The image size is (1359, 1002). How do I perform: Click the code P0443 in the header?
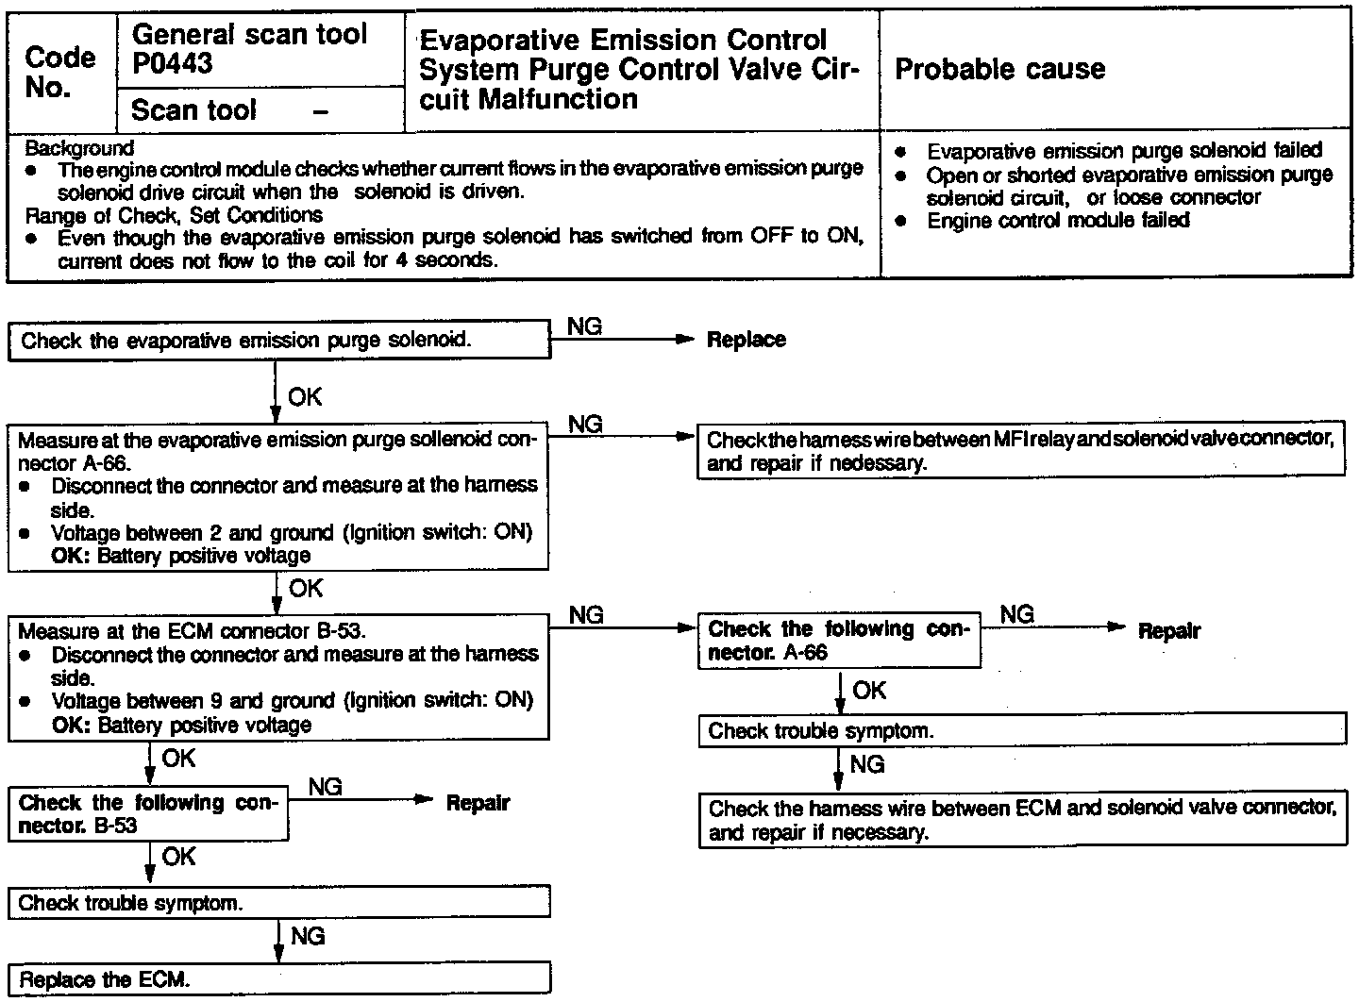click(173, 64)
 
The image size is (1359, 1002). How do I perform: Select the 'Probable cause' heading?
click(999, 69)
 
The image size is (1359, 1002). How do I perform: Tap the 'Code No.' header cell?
click(60, 72)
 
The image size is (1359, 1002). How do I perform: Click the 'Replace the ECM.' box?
click(279, 978)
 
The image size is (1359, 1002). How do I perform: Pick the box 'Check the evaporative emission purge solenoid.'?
click(279, 340)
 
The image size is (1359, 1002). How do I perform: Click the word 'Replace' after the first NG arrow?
click(746, 340)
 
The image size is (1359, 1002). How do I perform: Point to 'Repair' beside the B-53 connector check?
click(478, 803)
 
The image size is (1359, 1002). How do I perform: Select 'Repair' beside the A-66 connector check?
click(1168, 630)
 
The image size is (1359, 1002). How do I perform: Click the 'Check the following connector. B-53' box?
click(148, 814)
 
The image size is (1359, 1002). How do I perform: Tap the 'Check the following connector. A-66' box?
click(839, 641)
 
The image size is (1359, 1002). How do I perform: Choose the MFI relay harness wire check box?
click(1021, 452)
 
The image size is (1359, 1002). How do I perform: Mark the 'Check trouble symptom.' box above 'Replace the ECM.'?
click(279, 903)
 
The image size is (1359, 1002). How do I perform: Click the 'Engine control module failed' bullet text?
click(1058, 221)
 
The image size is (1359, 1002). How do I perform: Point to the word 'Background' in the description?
click(79, 148)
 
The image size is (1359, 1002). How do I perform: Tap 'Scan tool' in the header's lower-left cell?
click(194, 110)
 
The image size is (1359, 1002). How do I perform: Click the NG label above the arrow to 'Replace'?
click(585, 326)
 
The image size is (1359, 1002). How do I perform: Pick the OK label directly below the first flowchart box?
click(305, 397)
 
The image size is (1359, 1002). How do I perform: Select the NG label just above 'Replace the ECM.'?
click(308, 935)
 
